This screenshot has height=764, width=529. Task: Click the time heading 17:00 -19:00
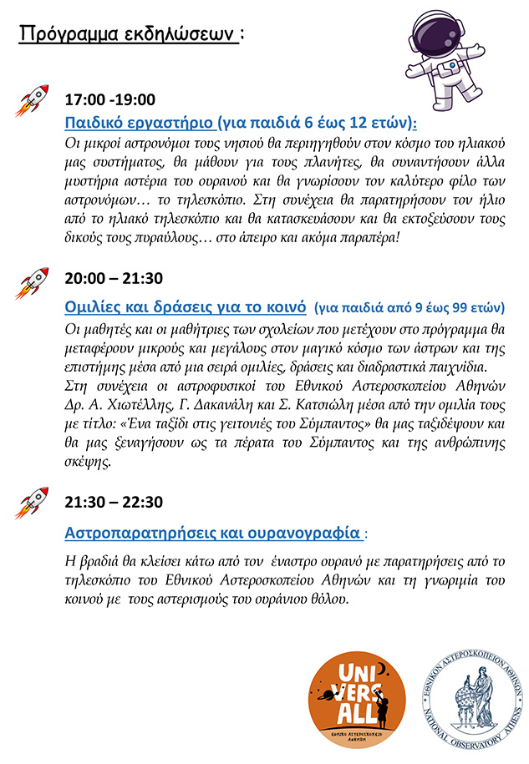point(110,100)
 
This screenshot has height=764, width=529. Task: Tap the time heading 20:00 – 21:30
point(114,278)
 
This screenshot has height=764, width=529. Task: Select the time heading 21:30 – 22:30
point(114,503)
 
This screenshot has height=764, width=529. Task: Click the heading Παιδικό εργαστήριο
point(139,123)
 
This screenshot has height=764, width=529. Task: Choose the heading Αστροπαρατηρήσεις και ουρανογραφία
point(213,532)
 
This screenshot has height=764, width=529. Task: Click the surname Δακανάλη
point(234,404)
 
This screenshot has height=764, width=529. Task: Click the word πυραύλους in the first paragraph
point(150,237)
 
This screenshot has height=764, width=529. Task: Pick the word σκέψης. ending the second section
point(88,460)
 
